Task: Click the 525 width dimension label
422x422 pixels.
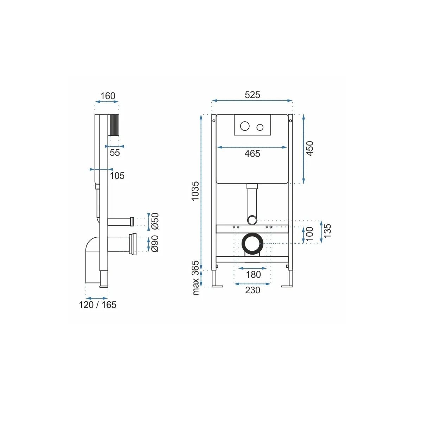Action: pos(252,95)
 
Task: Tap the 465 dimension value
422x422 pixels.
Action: pos(252,154)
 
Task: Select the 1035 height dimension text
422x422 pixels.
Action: pos(195,191)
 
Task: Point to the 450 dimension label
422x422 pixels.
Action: pos(310,149)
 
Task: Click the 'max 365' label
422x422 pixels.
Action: pos(195,278)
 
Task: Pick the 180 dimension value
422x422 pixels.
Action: pos(253,274)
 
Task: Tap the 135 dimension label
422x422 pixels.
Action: pos(327,231)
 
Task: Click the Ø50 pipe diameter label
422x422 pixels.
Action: pos(155,221)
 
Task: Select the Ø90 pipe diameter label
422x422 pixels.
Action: pos(155,243)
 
